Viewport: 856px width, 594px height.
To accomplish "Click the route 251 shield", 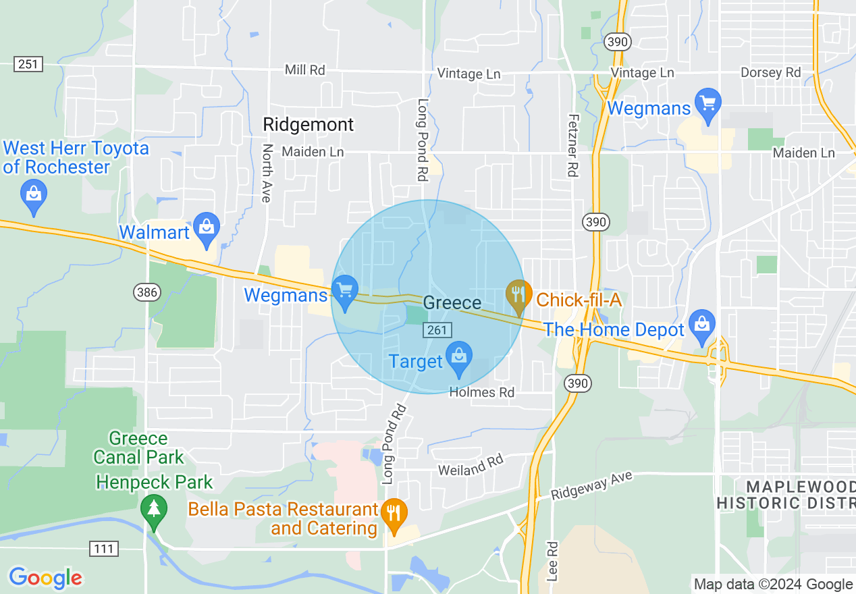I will [28, 64].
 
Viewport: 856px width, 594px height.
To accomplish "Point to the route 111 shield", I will [103, 548].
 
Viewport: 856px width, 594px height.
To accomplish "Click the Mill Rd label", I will [305, 70].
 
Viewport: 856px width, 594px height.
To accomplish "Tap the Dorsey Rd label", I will [770, 72].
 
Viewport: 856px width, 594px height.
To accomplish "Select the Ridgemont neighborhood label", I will [308, 124].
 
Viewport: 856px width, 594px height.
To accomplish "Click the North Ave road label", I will [267, 173].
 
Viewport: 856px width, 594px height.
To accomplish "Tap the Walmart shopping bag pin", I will [207, 228].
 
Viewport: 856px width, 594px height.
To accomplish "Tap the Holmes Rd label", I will [482, 392].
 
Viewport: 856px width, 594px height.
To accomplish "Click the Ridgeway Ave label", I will [592, 485].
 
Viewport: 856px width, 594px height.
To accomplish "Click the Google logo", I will [45, 578].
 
